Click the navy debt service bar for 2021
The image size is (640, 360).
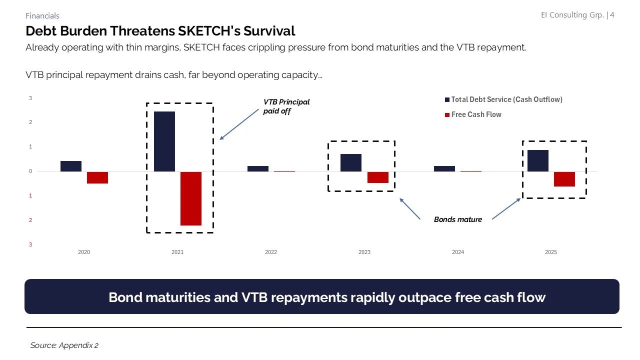tap(164, 141)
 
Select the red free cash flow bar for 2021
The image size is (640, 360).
tap(191, 198)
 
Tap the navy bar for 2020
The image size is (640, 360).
tap(71, 166)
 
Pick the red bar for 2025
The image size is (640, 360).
tap(564, 179)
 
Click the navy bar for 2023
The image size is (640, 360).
tap(351, 162)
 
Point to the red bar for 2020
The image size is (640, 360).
tap(97, 177)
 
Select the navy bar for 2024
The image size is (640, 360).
tap(444, 168)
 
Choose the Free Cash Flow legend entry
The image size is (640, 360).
tap(475, 114)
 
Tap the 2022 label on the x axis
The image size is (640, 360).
tap(270, 252)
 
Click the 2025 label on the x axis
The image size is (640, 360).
tap(550, 252)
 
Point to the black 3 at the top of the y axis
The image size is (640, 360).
tap(30, 98)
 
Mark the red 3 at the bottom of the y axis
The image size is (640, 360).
tap(30, 244)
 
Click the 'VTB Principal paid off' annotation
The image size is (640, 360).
tap(286, 106)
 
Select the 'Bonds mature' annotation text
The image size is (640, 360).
tap(457, 219)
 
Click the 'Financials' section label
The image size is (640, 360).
tap(42, 16)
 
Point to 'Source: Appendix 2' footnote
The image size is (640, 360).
tap(64, 345)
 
